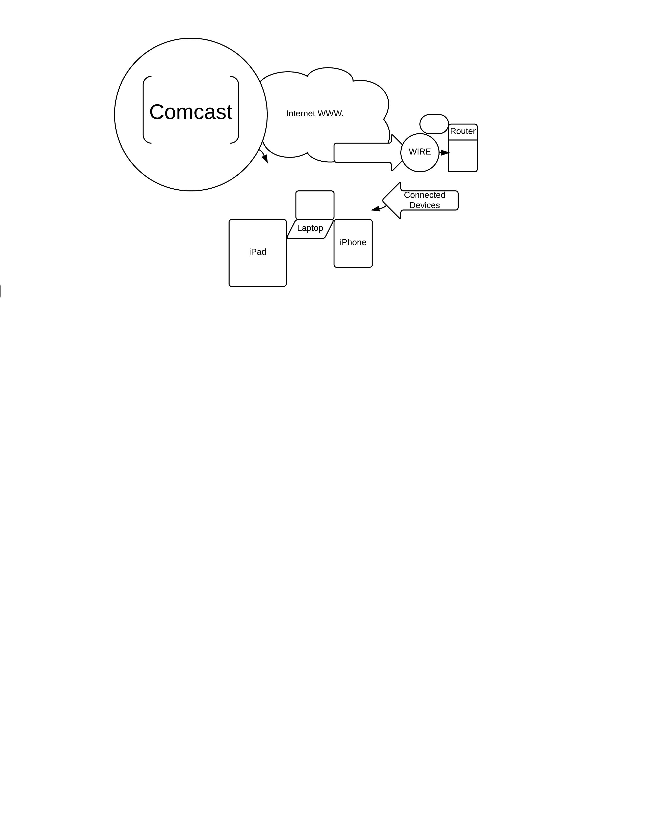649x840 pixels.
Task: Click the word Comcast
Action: pyautogui.click(x=190, y=112)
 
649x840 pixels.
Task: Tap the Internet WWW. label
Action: pyautogui.click(x=315, y=114)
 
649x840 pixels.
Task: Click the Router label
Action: pyautogui.click(x=462, y=131)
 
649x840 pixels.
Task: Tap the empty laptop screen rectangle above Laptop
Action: pyautogui.click(x=315, y=205)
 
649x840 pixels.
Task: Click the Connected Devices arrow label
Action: pyautogui.click(x=425, y=200)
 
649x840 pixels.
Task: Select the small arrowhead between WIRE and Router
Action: pyautogui.click(x=445, y=153)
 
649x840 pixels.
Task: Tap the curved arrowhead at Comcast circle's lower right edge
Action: pyautogui.click(x=265, y=159)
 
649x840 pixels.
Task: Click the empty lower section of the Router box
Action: pyautogui.click(x=462, y=156)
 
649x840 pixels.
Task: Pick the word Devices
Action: pyautogui.click(x=425, y=205)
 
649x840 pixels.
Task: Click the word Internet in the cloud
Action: pyautogui.click(x=300, y=114)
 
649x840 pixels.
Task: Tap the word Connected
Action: pyautogui.click(x=425, y=195)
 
